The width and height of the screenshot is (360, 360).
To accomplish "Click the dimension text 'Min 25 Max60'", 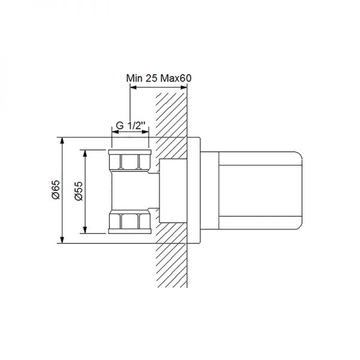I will tap(159, 77).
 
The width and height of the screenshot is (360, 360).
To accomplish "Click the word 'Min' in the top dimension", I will tap(135, 77).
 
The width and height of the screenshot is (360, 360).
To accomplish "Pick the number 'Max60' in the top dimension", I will tap(178, 77).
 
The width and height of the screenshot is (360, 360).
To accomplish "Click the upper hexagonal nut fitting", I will tap(130, 161).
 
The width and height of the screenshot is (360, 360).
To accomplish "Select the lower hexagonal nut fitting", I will tap(130, 222).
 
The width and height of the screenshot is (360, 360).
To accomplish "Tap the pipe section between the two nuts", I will tap(130, 191).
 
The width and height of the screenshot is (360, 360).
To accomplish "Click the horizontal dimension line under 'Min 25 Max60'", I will tap(159, 88).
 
